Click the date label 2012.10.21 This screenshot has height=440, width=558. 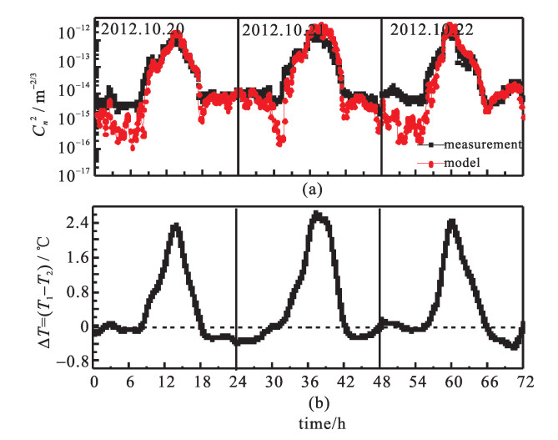coord(283,30)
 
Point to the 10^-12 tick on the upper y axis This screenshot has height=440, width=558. coord(74,33)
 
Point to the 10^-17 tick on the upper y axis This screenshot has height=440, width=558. coord(74,173)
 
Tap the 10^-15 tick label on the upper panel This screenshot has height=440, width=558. coord(74,117)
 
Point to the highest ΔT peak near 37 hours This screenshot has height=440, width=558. coord(316,215)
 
